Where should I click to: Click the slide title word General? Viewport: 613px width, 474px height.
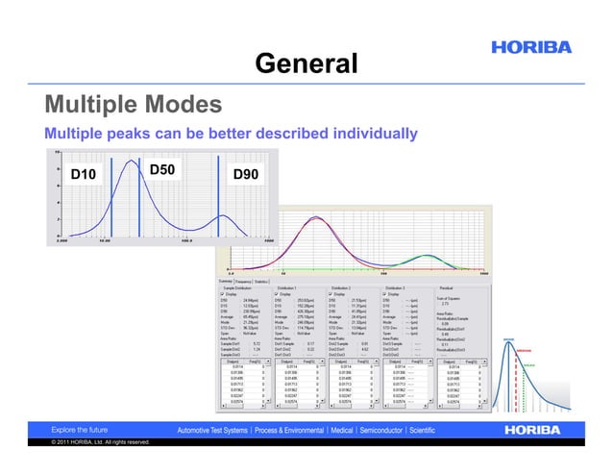pyautogui.click(x=306, y=63)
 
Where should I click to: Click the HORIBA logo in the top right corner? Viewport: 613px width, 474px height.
pyautogui.click(x=530, y=47)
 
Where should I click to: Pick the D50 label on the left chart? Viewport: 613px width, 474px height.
pyautogui.click(x=161, y=170)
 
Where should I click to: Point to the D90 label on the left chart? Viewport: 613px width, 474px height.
pyautogui.click(x=246, y=174)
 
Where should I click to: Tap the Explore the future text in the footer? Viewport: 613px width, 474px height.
pyautogui.click(x=80, y=429)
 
